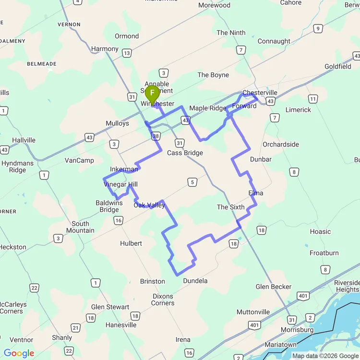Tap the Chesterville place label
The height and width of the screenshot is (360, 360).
(260, 93)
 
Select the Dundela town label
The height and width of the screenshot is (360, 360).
(195, 281)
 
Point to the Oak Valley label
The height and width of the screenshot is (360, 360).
(149, 205)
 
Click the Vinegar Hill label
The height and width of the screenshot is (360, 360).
(121, 185)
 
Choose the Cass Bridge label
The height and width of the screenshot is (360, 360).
(185, 153)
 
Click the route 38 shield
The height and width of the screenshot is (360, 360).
(156, 136)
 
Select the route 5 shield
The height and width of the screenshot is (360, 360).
(192, 182)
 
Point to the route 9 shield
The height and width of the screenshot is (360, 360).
(318, 29)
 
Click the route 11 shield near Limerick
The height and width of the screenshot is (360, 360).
(313, 99)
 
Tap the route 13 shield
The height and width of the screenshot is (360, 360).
(127, 53)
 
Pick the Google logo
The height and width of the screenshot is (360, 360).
(19, 354)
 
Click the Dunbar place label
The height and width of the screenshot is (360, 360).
(261, 159)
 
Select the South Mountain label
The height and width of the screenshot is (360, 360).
(80, 227)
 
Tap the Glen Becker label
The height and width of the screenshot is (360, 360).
(274, 287)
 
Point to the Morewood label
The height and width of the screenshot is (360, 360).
(214, 5)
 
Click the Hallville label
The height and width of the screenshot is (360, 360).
(24, 140)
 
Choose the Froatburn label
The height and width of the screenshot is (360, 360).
(324, 253)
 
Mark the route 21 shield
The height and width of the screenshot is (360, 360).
(75, 328)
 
